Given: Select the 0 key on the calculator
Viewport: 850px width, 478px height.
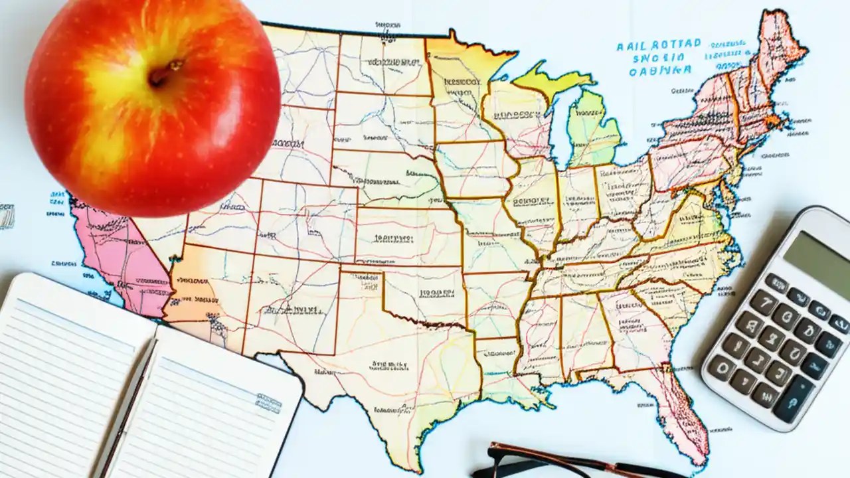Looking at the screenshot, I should [x=722, y=367].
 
